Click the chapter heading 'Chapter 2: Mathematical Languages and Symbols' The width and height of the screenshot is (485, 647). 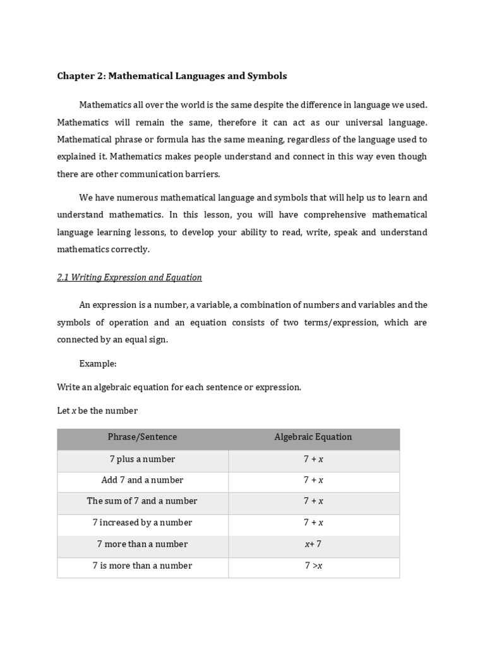[172, 76]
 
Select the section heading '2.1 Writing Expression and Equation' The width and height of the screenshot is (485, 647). [129, 277]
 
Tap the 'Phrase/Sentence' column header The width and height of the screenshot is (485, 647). [142, 437]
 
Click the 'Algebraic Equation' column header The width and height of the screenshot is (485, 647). [313, 437]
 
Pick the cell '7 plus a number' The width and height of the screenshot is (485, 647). [142, 459]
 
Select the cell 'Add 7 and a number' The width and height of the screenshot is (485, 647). [142, 480]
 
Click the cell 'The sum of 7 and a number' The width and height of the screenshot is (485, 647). [142, 501]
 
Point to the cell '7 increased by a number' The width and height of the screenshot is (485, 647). [142, 523]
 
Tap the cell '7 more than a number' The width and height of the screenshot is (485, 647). [142, 544]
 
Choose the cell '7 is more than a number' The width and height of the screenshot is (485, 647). [142, 565]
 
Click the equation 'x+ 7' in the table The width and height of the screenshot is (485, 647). [313, 544]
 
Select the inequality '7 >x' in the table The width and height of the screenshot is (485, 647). [313, 565]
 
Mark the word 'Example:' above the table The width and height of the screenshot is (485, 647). [98, 364]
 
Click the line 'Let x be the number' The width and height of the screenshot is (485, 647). [97, 411]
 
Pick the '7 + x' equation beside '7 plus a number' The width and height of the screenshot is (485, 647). [313, 459]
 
